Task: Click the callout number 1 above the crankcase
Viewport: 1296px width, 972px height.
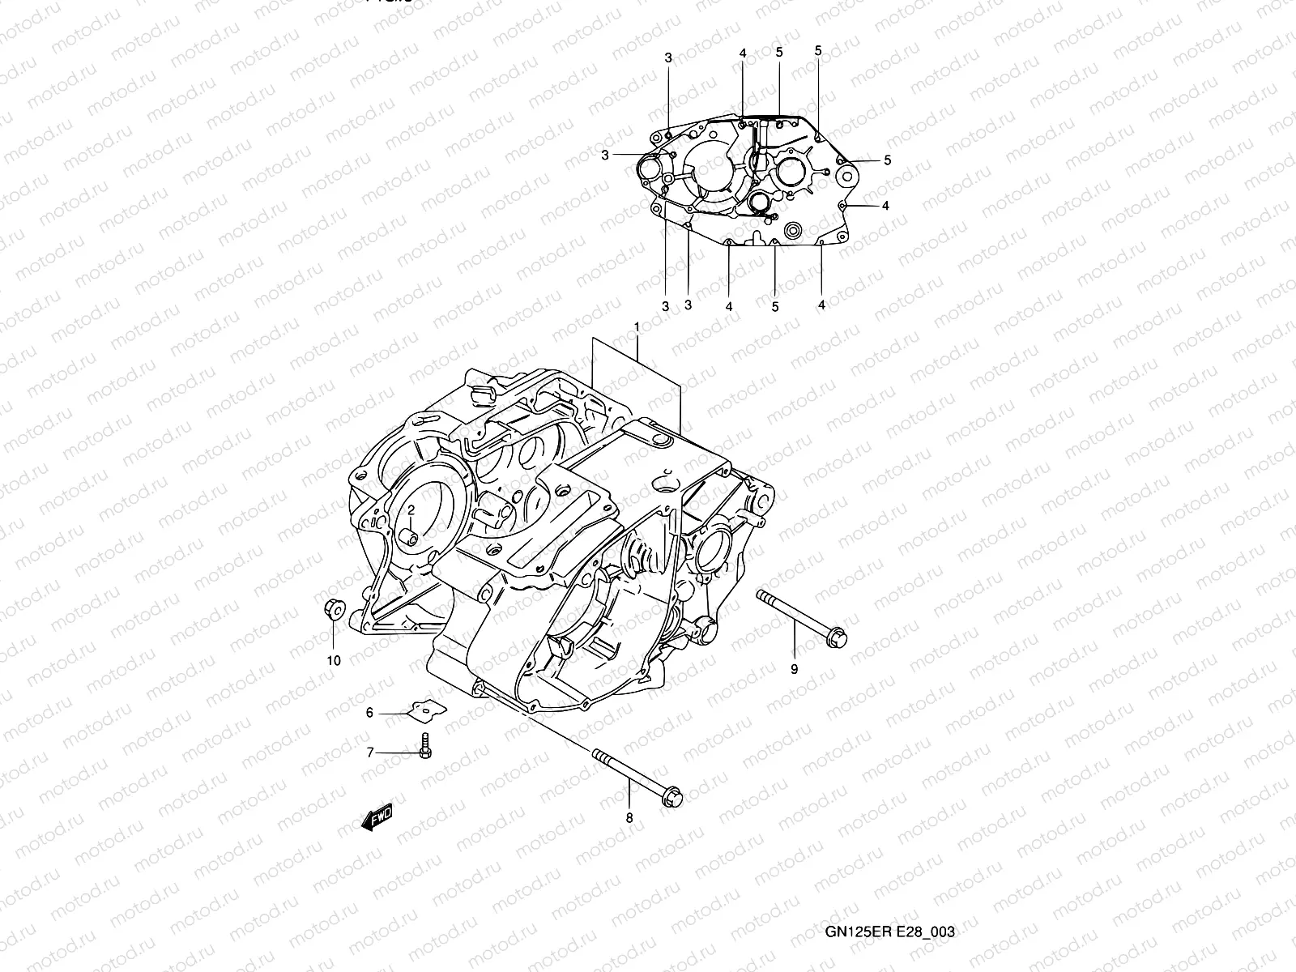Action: [x=637, y=326]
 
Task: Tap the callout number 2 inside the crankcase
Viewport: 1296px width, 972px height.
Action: [x=411, y=509]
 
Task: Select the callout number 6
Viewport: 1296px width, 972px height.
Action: [x=369, y=713]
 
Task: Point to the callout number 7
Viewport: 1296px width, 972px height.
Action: [x=370, y=752]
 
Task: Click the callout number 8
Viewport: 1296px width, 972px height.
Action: [x=629, y=818]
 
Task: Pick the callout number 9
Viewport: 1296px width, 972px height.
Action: [x=794, y=669]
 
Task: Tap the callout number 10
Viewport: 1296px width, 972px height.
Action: [x=334, y=660]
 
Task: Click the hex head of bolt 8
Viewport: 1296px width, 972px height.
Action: [x=671, y=798]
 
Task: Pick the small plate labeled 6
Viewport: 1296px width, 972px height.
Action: [x=428, y=709]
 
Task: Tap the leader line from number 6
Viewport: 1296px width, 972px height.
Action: [x=393, y=713]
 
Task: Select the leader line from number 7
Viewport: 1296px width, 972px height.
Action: [x=397, y=752]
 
